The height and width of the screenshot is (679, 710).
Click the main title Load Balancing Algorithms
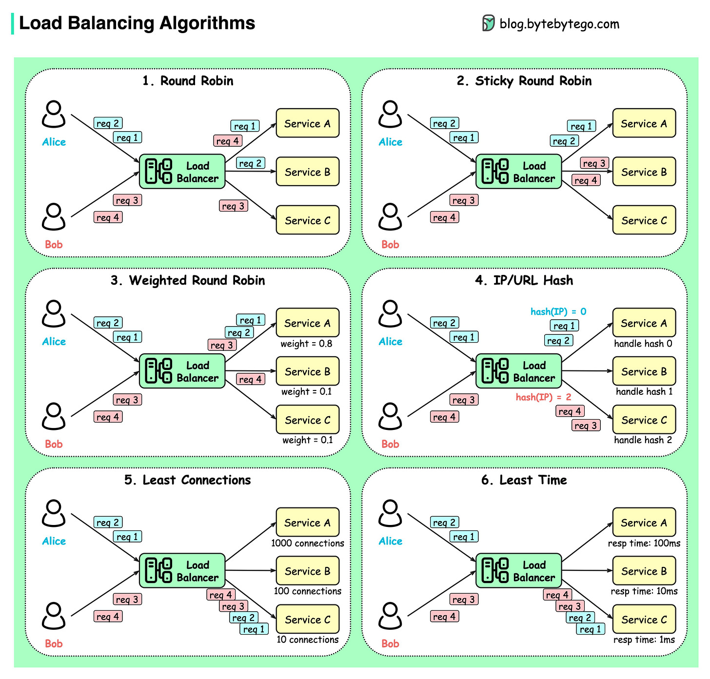[x=137, y=23]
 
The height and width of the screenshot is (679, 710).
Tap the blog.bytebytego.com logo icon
[x=488, y=23]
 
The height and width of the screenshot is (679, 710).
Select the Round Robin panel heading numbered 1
[x=188, y=81]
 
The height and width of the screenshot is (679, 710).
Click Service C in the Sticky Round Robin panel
[x=644, y=220]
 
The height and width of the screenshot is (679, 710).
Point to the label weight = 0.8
[x=306, y=344]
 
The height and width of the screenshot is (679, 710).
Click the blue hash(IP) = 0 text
[x=558, y=311]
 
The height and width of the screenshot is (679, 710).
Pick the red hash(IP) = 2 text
[x=543, y=397]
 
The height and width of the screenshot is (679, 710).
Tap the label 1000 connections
[x=307, y=543]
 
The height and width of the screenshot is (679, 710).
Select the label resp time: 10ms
[x=644, y=591]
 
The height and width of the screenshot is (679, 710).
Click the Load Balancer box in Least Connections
[x=182, y=571]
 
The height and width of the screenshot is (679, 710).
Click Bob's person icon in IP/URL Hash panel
[x=390, y=416]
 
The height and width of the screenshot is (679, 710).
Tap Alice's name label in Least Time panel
[x=390, y=541]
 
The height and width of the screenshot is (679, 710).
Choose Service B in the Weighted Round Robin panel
[x=307, y=371]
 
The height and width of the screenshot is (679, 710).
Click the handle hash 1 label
[x=644, y=391]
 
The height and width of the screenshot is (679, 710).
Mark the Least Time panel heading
[x=524, y=480]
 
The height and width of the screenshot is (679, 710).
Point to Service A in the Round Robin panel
[x=307, y=123]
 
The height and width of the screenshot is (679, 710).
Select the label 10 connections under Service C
[x=307, y=640]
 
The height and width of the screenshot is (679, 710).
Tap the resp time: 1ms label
[x=644, y=640]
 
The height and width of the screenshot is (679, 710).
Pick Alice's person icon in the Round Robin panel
[x=54, y=115]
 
